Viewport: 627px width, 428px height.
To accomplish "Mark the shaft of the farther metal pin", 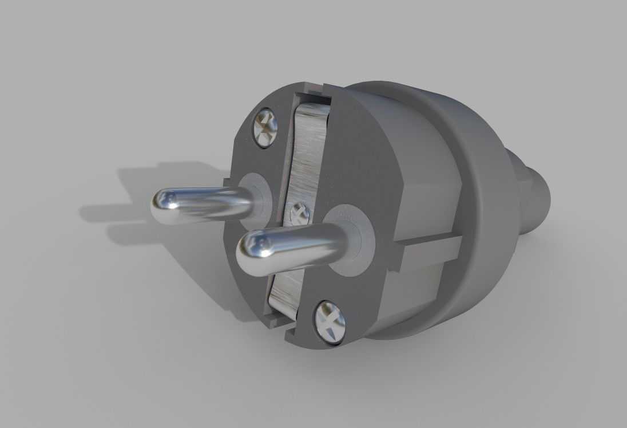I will (x=212, y=199).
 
